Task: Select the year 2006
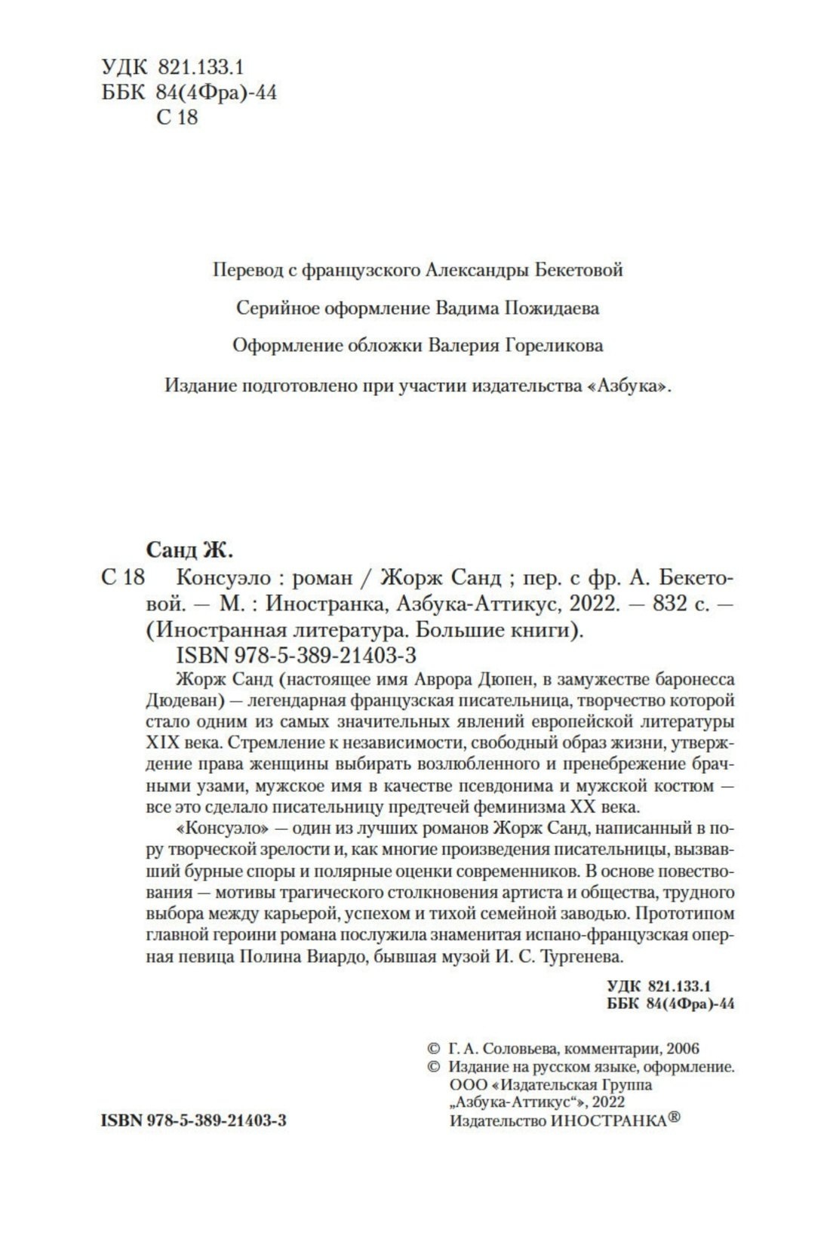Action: (682, 1049)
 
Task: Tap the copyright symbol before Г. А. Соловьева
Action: (433, 1049)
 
